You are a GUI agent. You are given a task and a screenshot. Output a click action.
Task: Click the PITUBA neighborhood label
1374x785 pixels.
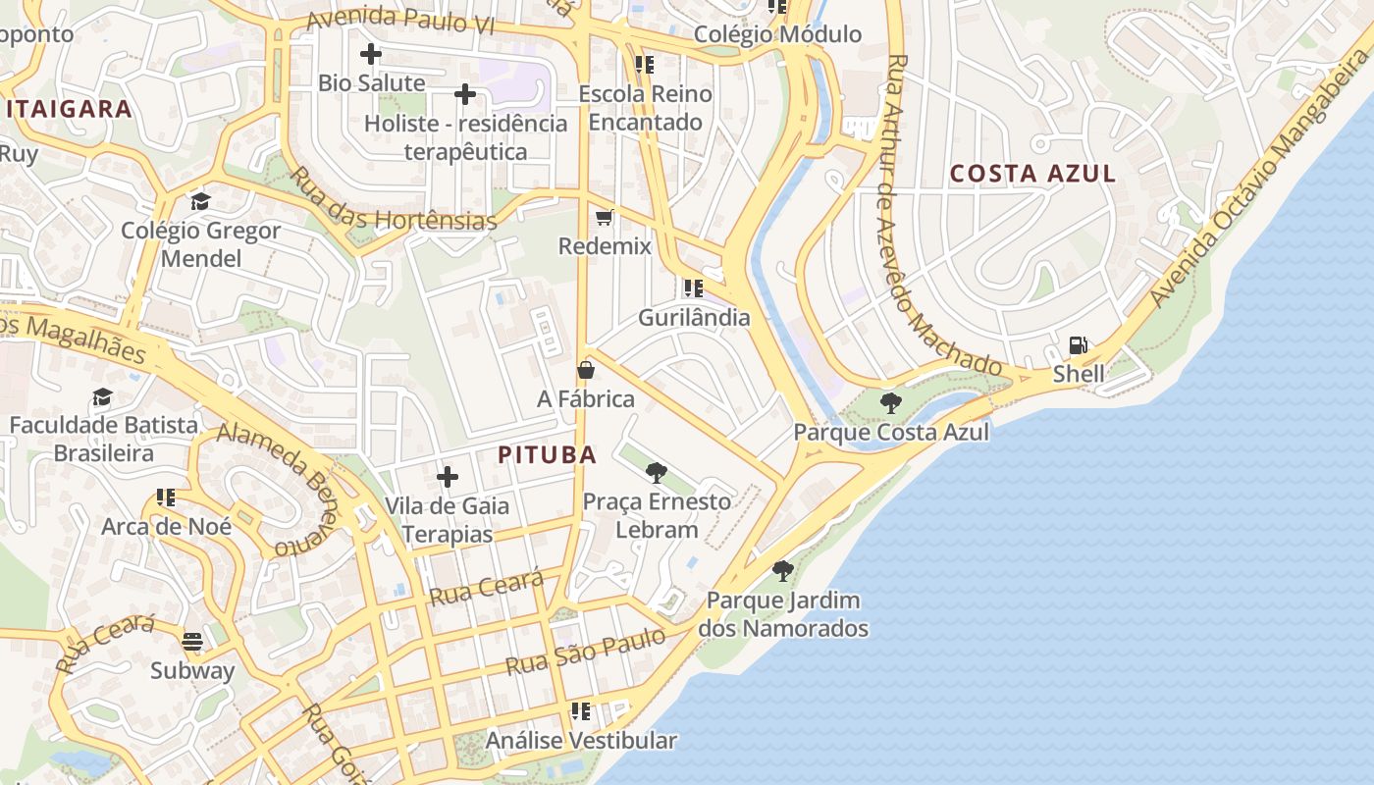click(547, 455)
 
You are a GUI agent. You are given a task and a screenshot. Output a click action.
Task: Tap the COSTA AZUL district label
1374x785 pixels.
click(1032, 174)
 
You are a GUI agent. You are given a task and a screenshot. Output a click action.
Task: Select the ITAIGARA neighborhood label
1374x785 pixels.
click(69, 109)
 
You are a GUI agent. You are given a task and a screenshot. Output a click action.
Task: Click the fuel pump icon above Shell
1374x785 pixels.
click(1078, 345)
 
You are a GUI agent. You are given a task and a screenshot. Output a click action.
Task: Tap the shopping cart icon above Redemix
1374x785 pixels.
click(605, 217)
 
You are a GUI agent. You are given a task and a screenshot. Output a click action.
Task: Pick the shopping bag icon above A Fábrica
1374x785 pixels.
click(586, 370)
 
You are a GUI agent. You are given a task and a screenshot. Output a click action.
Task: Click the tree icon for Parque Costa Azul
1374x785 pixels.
click(891, 402)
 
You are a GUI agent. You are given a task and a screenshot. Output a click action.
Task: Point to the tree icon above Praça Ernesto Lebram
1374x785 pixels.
click(657, 473)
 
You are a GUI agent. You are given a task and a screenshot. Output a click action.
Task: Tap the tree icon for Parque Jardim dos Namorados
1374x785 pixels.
click(782, 570)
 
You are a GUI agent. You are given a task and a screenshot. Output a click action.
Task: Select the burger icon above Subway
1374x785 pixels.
click(192, 642)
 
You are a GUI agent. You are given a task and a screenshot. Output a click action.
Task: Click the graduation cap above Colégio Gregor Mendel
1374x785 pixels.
click(200, 201)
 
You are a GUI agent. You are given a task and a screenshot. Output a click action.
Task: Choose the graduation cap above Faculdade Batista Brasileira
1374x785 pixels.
click(102, 396)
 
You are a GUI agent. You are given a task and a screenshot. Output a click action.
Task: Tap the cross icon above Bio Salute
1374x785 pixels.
click(371, 54)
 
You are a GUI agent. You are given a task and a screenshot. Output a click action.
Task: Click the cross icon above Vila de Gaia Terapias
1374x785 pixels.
click(448, 477)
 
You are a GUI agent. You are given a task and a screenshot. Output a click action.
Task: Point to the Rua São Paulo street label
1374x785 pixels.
click(585, 652)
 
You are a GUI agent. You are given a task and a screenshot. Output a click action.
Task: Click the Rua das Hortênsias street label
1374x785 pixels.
click(395, 201)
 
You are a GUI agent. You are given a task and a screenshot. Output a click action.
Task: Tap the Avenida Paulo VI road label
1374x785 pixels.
click(399, 21)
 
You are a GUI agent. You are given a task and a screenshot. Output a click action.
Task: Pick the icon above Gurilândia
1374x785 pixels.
click(694, 288)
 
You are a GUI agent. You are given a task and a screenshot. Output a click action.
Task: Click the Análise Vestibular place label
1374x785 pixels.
click(581, 741)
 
